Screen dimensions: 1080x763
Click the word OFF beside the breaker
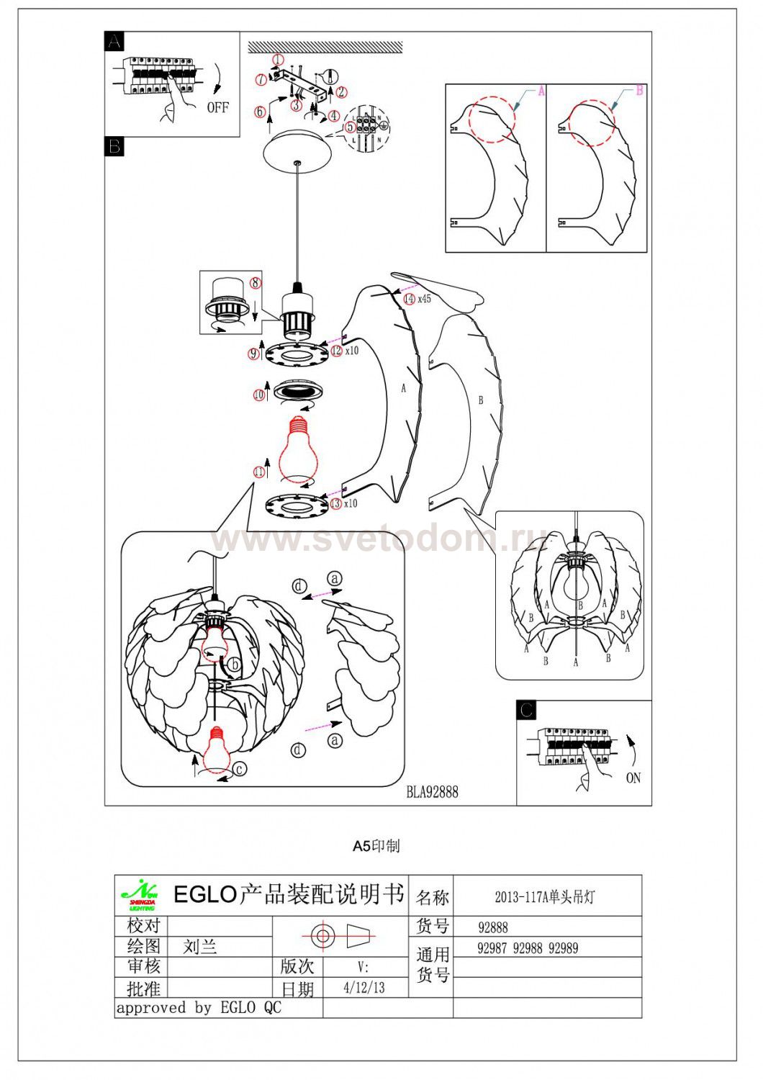[x=217, y=107]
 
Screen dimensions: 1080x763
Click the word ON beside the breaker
[x=633, y=778]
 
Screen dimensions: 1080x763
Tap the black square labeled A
[x=114, y=42]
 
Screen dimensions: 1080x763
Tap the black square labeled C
[x=526, y=710]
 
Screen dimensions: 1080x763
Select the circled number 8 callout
[x=255, y=283]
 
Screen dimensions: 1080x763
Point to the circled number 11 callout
[x=258, y=472]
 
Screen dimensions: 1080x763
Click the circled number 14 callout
[x=409, y=298]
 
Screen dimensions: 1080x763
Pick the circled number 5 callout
[x=350, y=126]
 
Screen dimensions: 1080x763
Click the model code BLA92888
[x=432, y=792]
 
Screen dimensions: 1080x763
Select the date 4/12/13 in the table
[x=364, y=987]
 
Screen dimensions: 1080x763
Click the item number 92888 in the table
[x=493, y=927]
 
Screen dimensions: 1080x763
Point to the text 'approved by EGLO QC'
[x=199, y=1007]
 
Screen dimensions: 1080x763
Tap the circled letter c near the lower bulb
[x=240, y=769]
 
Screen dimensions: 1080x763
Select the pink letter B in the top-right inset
[x=638, y=91]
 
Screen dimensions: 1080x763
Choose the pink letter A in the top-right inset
[x=541, y=91]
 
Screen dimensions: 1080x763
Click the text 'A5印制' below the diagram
[x=376, y=846]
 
